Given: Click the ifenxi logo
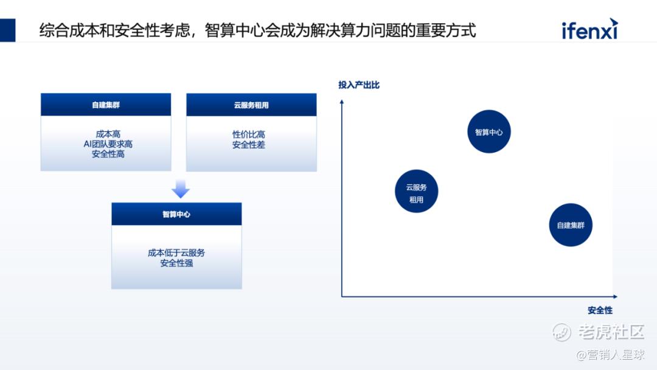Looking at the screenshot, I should [x=589, y=29].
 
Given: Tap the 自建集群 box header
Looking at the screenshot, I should [x=106, y=105].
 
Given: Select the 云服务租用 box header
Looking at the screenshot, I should [x=251, y=105].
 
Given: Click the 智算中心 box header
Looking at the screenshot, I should [x=176, y=214].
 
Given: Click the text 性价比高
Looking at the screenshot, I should [x=248, y=134].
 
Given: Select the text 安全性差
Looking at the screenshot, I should [x=248, y=145].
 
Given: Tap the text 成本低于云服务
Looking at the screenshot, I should [x=176, y=253].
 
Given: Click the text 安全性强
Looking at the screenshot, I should [x=176, y=263].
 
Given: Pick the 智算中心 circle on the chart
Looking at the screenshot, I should [x=488, y=131].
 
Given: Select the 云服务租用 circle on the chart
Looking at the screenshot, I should [x=416, y=191].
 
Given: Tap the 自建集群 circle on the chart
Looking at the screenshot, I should [x=571, y=225].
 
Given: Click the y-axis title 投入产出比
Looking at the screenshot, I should [x=359, y=85].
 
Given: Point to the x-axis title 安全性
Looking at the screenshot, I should [x=600, y=310].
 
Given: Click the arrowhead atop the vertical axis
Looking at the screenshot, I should [x=342, y=102].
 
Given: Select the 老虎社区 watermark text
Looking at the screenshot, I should [x=610, y=332].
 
